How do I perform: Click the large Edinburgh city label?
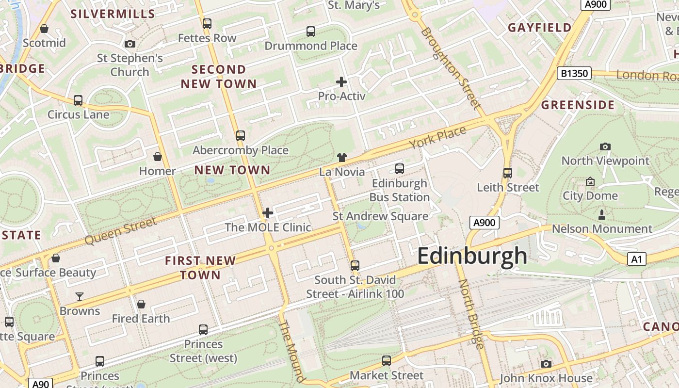pos(471,256)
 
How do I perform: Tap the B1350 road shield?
pos(574,74)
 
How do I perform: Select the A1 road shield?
pos(637,259)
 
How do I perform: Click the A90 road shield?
pos(40,384)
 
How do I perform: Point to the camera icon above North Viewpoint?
pos(605,146)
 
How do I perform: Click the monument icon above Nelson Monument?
pos(602,214)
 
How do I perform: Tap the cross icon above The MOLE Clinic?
pos(268,213)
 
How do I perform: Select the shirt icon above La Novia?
pos(342,157)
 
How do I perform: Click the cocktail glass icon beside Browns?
pos(80,296)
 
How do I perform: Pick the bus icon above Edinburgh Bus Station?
pos(400,169)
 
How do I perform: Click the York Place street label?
pos(437,137)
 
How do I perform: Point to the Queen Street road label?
pos(121,231)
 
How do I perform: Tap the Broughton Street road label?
pos(451,68)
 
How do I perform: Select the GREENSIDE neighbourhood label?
pos(578,105)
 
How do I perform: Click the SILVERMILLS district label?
pos(113,14)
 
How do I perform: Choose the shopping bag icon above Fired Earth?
pos(141,304)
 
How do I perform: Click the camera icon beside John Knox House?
pos(546,364)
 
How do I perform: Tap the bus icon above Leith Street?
pos(508,173)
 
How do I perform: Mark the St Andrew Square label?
pos(380,216)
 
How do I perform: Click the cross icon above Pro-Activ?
pos(341,81)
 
